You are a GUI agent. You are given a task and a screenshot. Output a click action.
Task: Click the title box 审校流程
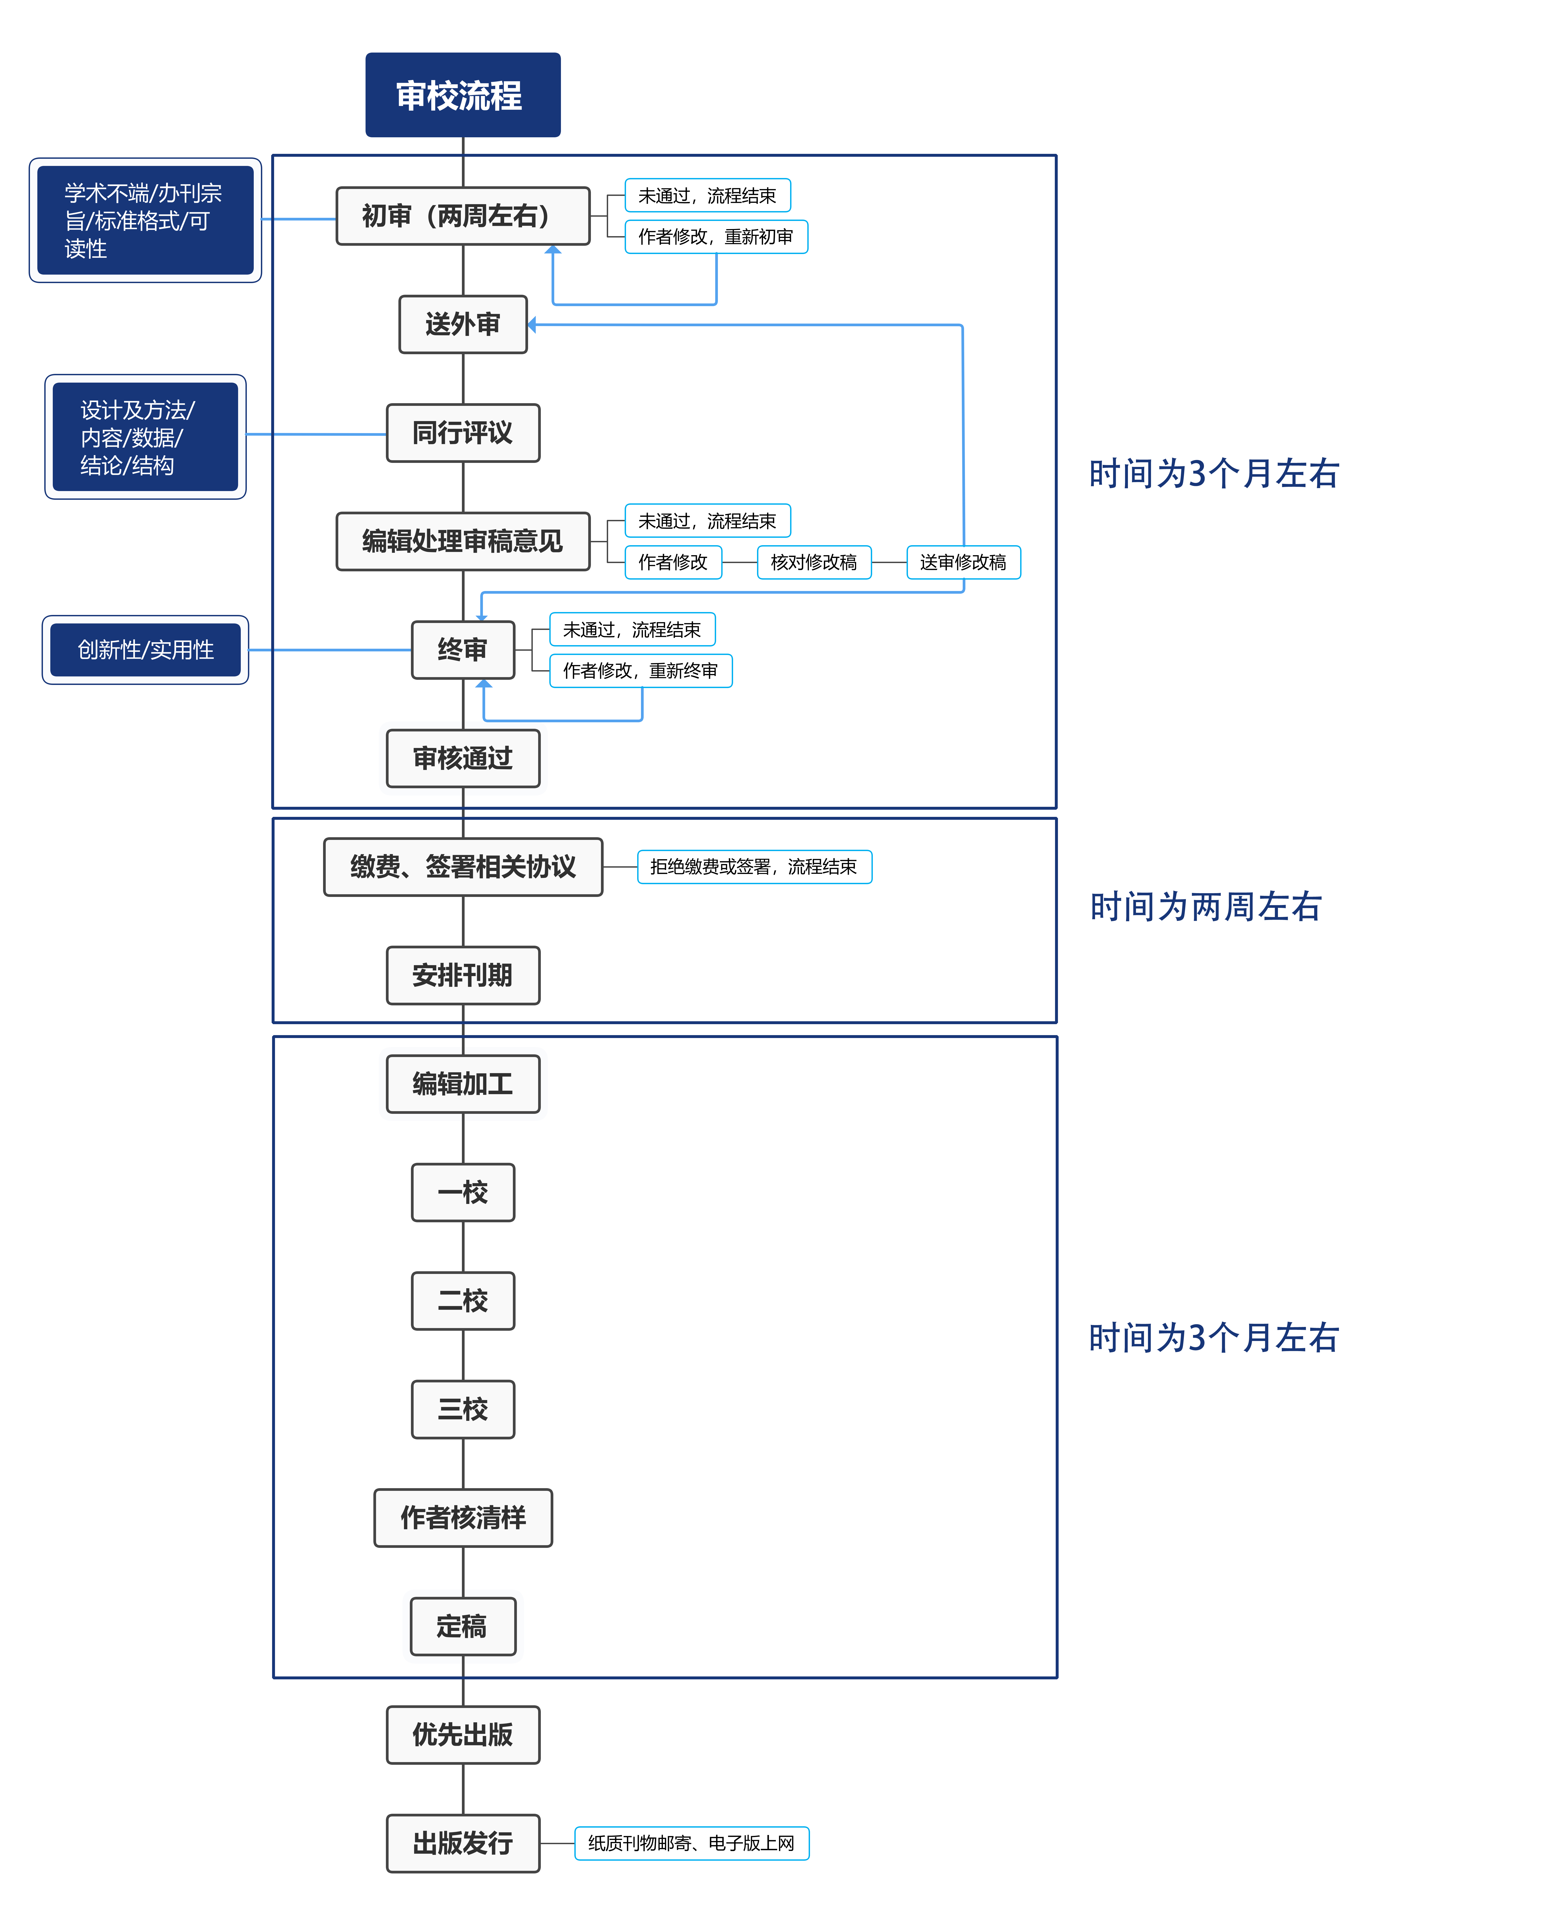pos(463,95)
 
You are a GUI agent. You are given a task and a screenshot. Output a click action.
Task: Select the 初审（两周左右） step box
pos(463,216)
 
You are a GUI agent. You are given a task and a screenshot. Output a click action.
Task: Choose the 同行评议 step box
pos(463,433)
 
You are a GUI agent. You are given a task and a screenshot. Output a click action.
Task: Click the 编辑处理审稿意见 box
pos(463,541)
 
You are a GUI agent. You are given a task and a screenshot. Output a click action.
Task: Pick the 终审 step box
pos(463,649)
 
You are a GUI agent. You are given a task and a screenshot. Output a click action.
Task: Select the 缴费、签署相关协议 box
pos(463,867)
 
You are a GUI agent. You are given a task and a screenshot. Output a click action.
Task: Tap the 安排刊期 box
pos(463,975)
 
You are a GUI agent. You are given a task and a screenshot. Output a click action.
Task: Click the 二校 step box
pos(463,1300)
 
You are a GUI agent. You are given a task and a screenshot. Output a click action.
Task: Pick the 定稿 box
pos(463,1626)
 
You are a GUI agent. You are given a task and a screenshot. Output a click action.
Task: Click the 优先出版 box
pos(463,1734)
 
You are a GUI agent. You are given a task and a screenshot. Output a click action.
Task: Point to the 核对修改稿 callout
pos(814,562)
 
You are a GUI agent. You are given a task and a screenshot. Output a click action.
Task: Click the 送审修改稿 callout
pos(963,562)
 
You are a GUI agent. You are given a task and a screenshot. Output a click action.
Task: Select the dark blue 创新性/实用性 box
pos(145,649)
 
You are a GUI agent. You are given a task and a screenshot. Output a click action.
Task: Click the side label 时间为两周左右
pos(1205,906)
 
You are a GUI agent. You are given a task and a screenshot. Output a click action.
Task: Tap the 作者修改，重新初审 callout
pos(716,236)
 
